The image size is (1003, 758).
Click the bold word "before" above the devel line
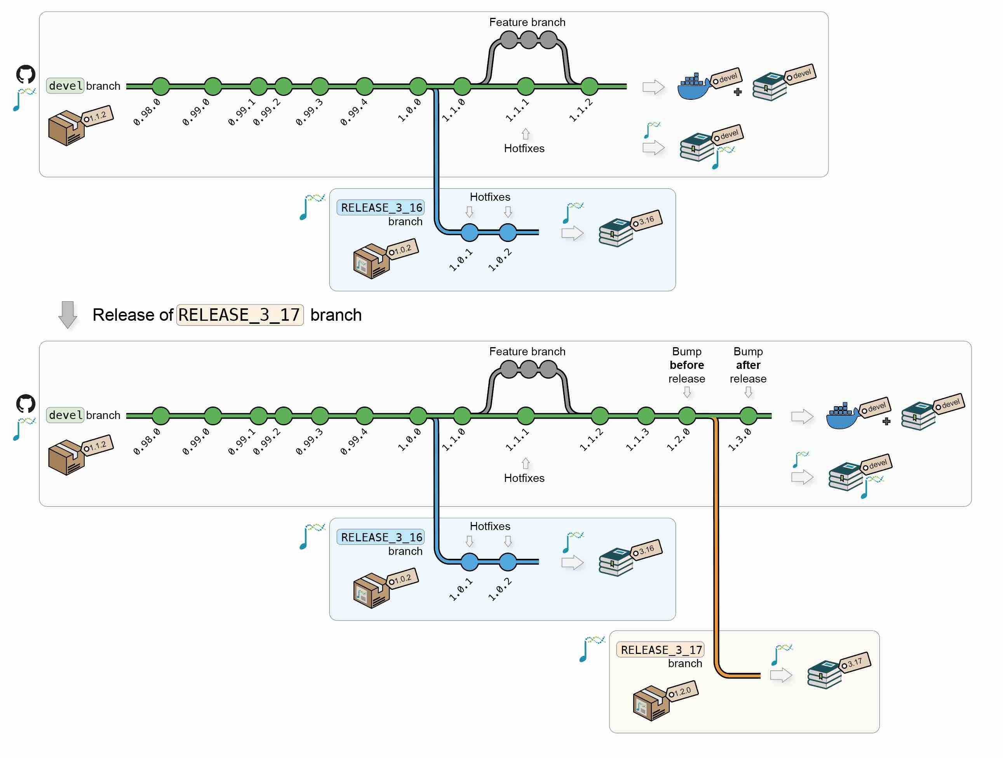click(686, 365)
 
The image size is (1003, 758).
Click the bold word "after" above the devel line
click(748, 365)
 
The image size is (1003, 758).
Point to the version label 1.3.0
click(740, 440)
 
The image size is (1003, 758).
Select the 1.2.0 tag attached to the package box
click(683, 691)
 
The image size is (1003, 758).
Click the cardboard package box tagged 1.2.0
click(650, 703)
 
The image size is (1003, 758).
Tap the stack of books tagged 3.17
click(824, 675)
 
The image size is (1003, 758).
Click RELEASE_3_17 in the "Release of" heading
click(239, 315)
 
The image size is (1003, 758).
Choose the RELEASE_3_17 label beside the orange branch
click(661, 650)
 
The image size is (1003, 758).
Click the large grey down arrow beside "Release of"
click(68, 314)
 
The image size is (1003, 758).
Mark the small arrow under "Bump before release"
click(687, 392)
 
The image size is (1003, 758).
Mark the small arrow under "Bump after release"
click(748, 392)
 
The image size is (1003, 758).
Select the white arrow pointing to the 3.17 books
click(781, 676)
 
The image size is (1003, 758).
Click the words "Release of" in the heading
click(132, 315)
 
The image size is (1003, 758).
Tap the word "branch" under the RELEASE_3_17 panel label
click(685, 663)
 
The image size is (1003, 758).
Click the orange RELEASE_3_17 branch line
click(716, 544)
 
